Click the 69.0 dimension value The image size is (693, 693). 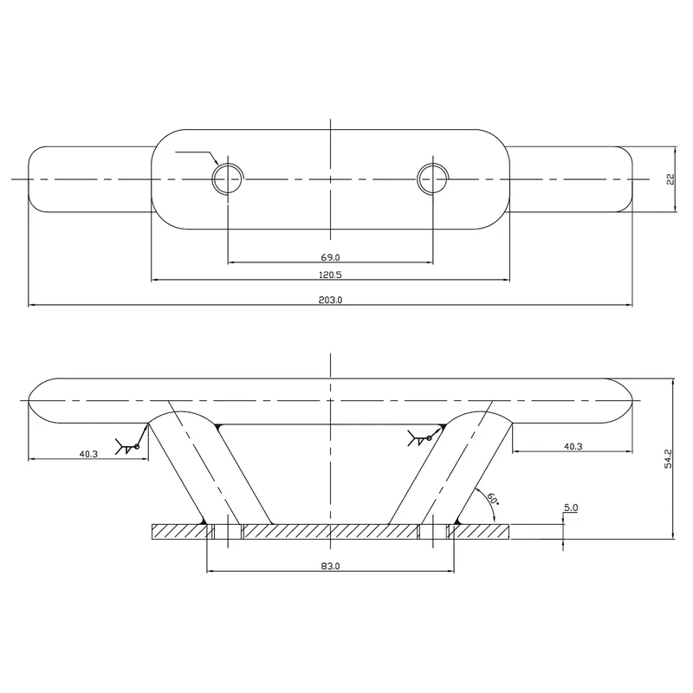pos(330,257)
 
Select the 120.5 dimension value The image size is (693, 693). pos(330,274)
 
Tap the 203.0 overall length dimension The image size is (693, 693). pos(330,300)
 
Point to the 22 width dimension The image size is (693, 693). pos(670,178)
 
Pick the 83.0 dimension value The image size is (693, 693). pos(330,566)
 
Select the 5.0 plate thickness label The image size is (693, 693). pos(570,507)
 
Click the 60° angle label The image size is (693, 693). pos(492,500)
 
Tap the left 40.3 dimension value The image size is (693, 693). pos(88,453)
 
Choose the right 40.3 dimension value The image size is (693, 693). pos(572,447)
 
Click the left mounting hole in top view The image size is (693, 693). pos(227,178)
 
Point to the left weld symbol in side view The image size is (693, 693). pos(130,444)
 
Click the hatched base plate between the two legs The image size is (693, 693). pos(330,531)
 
